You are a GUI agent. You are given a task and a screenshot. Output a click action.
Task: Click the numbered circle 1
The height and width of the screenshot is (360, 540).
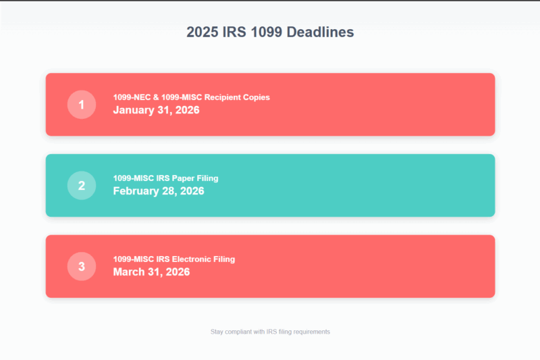tap(82, 105)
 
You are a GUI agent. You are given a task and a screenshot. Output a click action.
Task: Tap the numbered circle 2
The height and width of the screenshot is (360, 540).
tap(82, 185)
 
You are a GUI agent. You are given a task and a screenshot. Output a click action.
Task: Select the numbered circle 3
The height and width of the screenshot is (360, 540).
tap(82, 266)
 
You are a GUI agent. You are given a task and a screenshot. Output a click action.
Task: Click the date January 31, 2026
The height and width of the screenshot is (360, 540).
tap(156, 110)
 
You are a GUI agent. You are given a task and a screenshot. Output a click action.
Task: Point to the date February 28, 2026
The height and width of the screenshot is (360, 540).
tap(158, 191)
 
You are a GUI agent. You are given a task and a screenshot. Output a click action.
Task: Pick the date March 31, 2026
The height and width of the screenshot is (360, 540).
tap(151, 272)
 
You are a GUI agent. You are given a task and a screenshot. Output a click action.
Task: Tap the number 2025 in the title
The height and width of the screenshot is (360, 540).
tap(202, 32)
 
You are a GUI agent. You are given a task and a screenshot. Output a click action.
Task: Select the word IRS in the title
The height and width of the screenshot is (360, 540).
tap(235, 32)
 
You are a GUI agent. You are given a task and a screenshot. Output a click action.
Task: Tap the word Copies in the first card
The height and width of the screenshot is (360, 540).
tap(257, 97)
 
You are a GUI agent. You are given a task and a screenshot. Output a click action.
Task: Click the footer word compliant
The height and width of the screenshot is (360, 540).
tap(240, 332)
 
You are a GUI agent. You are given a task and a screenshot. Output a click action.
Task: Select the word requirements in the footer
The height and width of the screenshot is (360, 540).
tap(310, 332)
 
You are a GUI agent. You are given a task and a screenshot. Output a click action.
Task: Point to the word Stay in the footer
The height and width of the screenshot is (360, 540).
tap(217, 332)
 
